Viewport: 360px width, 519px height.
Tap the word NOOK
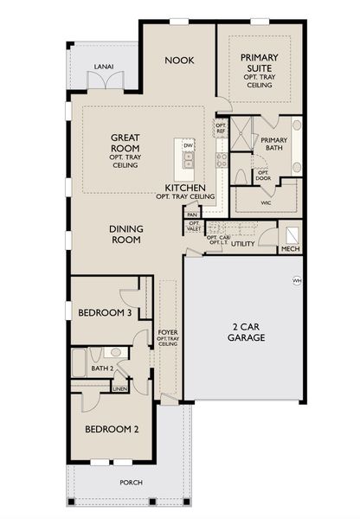180,60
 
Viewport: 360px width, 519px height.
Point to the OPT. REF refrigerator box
220,130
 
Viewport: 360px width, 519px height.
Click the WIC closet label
267,203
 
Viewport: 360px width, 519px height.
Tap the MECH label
289,250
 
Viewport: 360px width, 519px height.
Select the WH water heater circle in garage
297,280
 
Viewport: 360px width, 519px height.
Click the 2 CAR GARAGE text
244,332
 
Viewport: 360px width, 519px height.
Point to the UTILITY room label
242,244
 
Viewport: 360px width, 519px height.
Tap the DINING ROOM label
126,234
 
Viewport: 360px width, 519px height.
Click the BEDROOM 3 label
104,313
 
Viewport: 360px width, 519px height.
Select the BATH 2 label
102,369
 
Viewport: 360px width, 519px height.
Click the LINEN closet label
121,388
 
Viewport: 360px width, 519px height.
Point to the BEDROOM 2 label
112,428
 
